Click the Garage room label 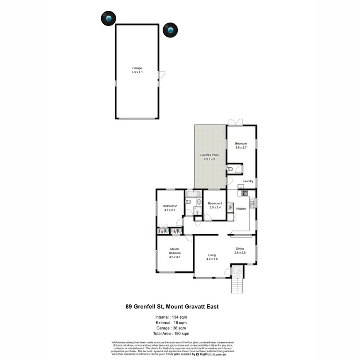coord(137,68)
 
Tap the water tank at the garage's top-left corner coord(109,18)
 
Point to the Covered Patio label coord(209,155)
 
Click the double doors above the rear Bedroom coord(235,122)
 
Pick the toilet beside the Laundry coord(231,169)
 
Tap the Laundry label coord(248,181)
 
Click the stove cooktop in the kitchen coord(244,192)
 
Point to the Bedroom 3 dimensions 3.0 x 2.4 coord(215,207)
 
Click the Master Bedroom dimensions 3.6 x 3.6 coord(175,257)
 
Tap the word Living coord(212,255)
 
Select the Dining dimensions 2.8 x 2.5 coord(240,253)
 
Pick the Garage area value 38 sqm coord(180,328)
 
